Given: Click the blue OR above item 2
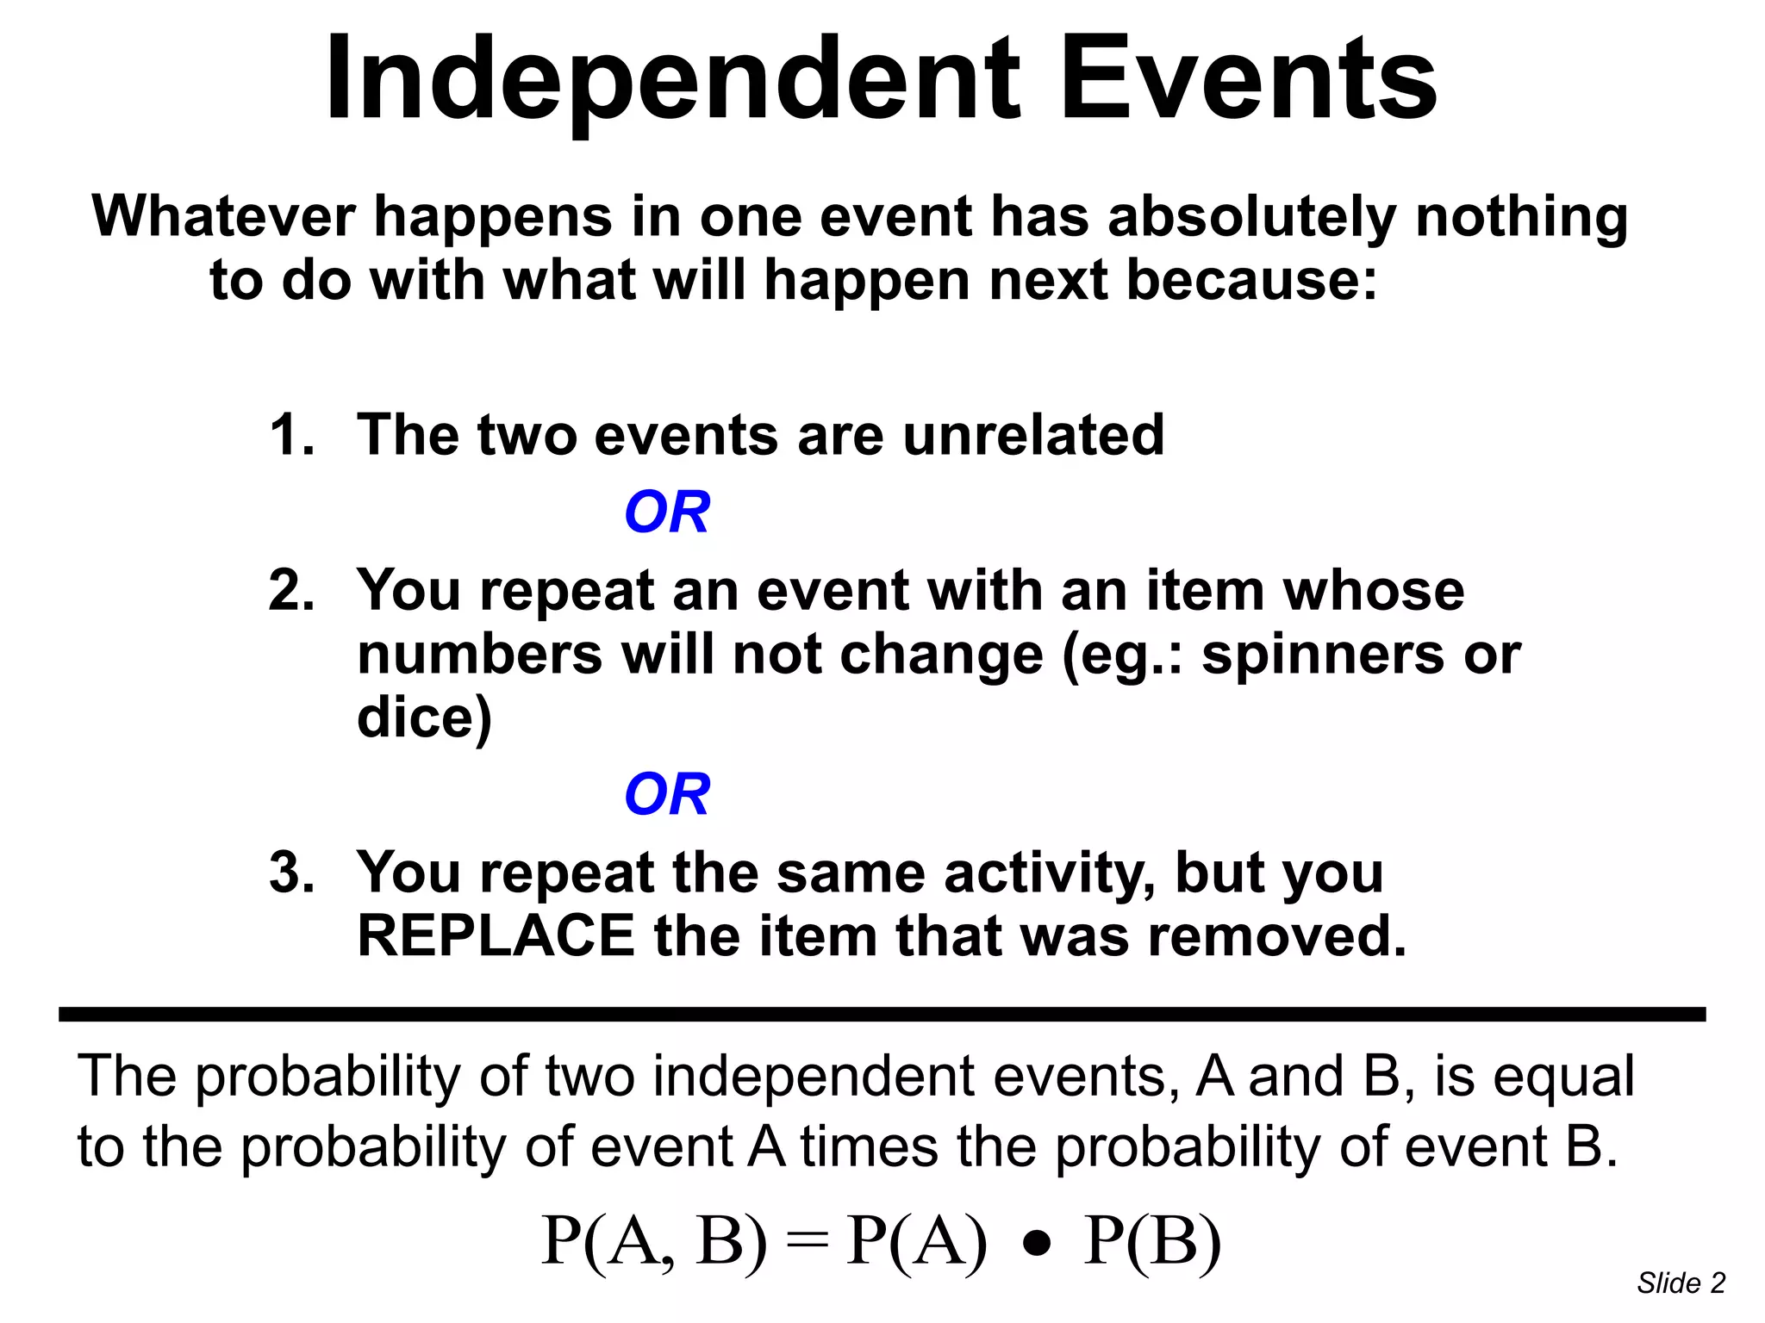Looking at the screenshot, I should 667,512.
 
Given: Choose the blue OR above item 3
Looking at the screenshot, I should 667,794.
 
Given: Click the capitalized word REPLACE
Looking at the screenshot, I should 496,936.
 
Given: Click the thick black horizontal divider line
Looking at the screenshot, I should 882,1014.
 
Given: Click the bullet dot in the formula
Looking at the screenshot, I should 1038,1244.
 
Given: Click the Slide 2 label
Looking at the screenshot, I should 1681,1283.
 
